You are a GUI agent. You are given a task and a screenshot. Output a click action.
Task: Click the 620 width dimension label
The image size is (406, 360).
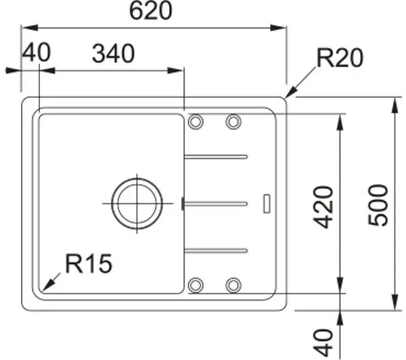(x=150, y=11)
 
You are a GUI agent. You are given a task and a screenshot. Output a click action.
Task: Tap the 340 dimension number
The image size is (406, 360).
(x=114, y=54)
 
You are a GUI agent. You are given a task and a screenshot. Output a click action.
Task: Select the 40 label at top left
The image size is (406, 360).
(x=37, y=53)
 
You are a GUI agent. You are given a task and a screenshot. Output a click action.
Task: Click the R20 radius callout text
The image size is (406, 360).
(x=340, y=58)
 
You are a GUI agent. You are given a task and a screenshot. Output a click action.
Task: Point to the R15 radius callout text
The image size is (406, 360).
(x=89, y=264)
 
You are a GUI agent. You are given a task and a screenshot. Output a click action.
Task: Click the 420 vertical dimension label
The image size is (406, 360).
(x=323, y=207)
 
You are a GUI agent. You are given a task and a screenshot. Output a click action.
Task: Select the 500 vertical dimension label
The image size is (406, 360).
(x=378, y=205)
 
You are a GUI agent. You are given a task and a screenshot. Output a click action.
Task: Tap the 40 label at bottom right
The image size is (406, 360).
(x=323, y=342)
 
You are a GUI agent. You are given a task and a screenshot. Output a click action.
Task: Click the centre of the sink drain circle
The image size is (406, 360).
(x=137, y=204)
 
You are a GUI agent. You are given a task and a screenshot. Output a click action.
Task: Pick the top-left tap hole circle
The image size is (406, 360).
(x=196, y=122)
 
